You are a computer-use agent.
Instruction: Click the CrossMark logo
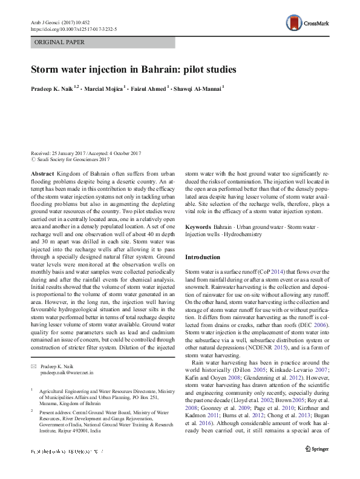pos(309,24)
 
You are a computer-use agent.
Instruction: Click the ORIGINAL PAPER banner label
pos(59,42)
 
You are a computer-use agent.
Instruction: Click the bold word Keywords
pos(198,226)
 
